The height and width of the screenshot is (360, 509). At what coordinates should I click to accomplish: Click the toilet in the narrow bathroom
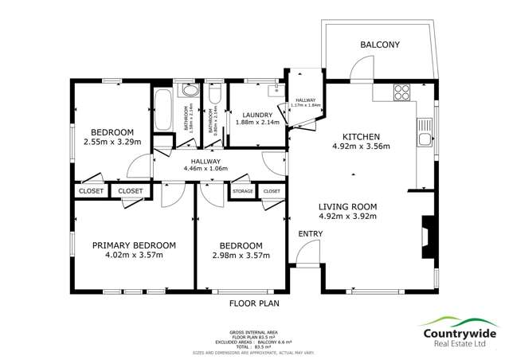point(213,98)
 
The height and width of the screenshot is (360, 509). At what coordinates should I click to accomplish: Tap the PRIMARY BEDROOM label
point(133,245)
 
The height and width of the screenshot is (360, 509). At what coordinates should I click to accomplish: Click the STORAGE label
point(243,191)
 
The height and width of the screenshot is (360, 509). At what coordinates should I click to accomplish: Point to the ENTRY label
point(310,233)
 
